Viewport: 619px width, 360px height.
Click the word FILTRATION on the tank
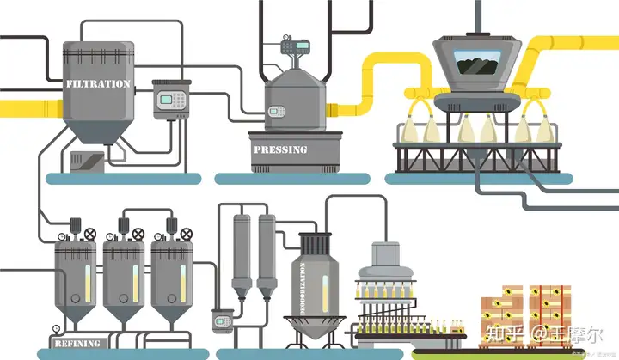point(98,84)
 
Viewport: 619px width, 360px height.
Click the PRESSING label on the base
point(279,149)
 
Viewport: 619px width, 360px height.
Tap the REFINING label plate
point(77,343)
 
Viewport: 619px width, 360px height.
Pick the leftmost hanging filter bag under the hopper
point(408,127)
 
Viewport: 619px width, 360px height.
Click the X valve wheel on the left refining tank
point(90,233)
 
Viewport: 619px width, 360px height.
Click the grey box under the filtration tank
point(87,162)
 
